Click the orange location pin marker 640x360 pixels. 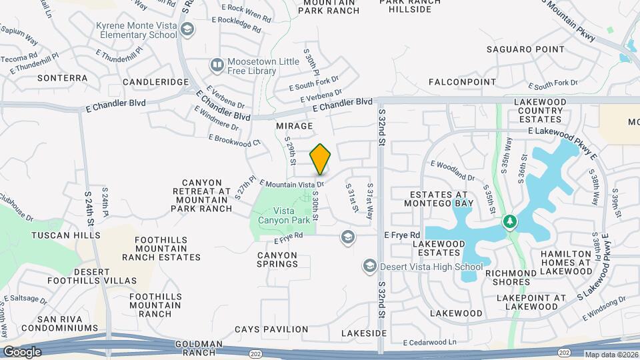pyautogui.click(x=321, y=159)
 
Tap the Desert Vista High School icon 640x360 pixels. pyautogui.click(x=369, y=267)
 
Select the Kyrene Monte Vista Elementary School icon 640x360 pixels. pyautogui.click(x=188, y=29)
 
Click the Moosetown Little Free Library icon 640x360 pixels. pyautogui.click(x=217, y=65)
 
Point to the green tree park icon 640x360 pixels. pyautogui.click(x=511, y=221)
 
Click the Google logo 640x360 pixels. pyautogui.click(x=22, y=351)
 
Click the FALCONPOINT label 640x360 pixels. pyautogui.click(x=462, y=82)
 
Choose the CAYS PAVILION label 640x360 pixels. pyautogui.click(x=271, y=329)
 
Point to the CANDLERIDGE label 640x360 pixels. pyautogui.click(x=156, y=81)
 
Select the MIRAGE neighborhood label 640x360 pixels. pyautogui.click(x=294, y=125)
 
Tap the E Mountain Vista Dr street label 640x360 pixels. pyautogui.click(x=291, y=183)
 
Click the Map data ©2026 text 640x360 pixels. pyautogui.click(x=611, y=355)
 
